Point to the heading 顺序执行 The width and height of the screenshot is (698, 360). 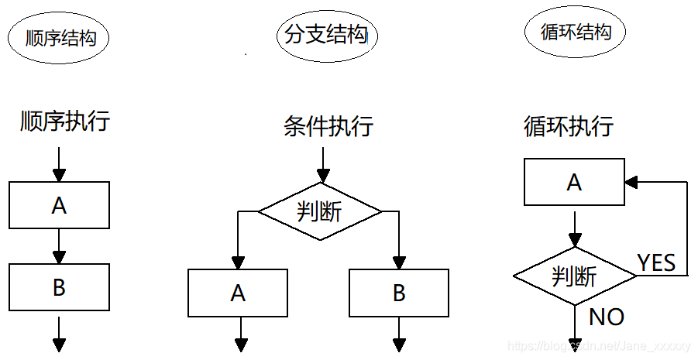[65, 122]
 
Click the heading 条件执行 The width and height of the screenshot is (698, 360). [328, 125]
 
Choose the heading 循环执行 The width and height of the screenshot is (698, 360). [569, 125]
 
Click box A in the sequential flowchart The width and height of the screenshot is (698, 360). [60, 205]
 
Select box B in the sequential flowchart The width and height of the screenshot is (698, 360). [60, 287]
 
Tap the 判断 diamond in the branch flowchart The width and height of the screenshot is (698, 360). [319, 211]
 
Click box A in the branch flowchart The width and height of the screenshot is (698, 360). [239, 293]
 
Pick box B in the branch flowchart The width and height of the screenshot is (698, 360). [399, 293]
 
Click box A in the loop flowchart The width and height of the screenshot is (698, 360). [574, 183]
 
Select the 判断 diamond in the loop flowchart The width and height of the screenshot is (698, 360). [574, 276]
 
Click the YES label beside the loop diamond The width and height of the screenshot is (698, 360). [656, 263]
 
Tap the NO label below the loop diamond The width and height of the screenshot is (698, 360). [607, 317]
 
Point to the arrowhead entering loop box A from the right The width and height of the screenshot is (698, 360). [631, 183]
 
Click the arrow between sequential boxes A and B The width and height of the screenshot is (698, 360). [60, 246]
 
